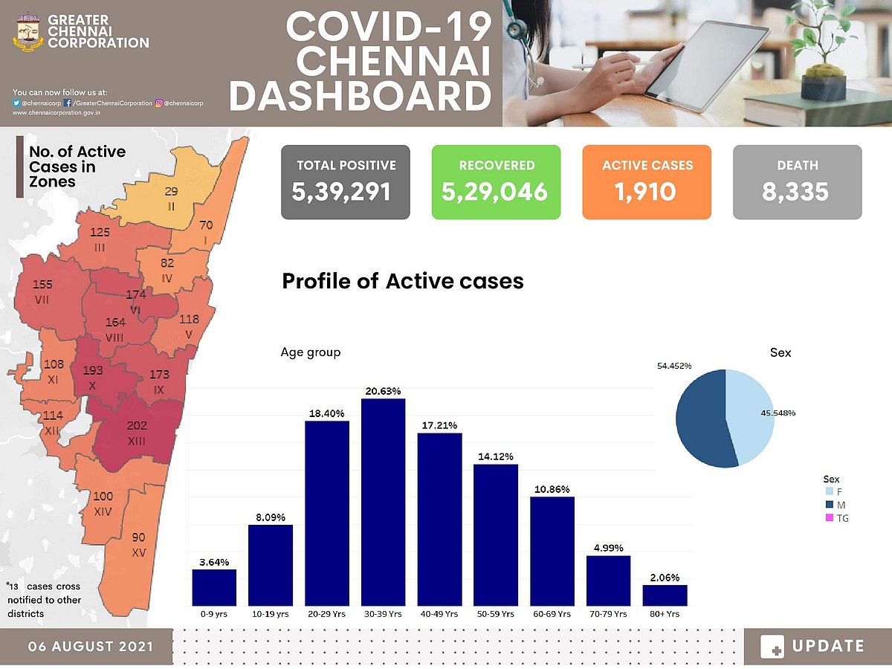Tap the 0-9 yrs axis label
[214, 614]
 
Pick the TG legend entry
[836, 518]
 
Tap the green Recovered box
[496, 182]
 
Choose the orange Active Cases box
[647, 182]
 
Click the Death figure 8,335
[796, 193]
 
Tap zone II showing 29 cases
[171, 198]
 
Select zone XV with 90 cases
[138, 544]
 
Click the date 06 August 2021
[91, 646]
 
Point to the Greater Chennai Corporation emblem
[28, 33]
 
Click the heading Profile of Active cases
[403, 282]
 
